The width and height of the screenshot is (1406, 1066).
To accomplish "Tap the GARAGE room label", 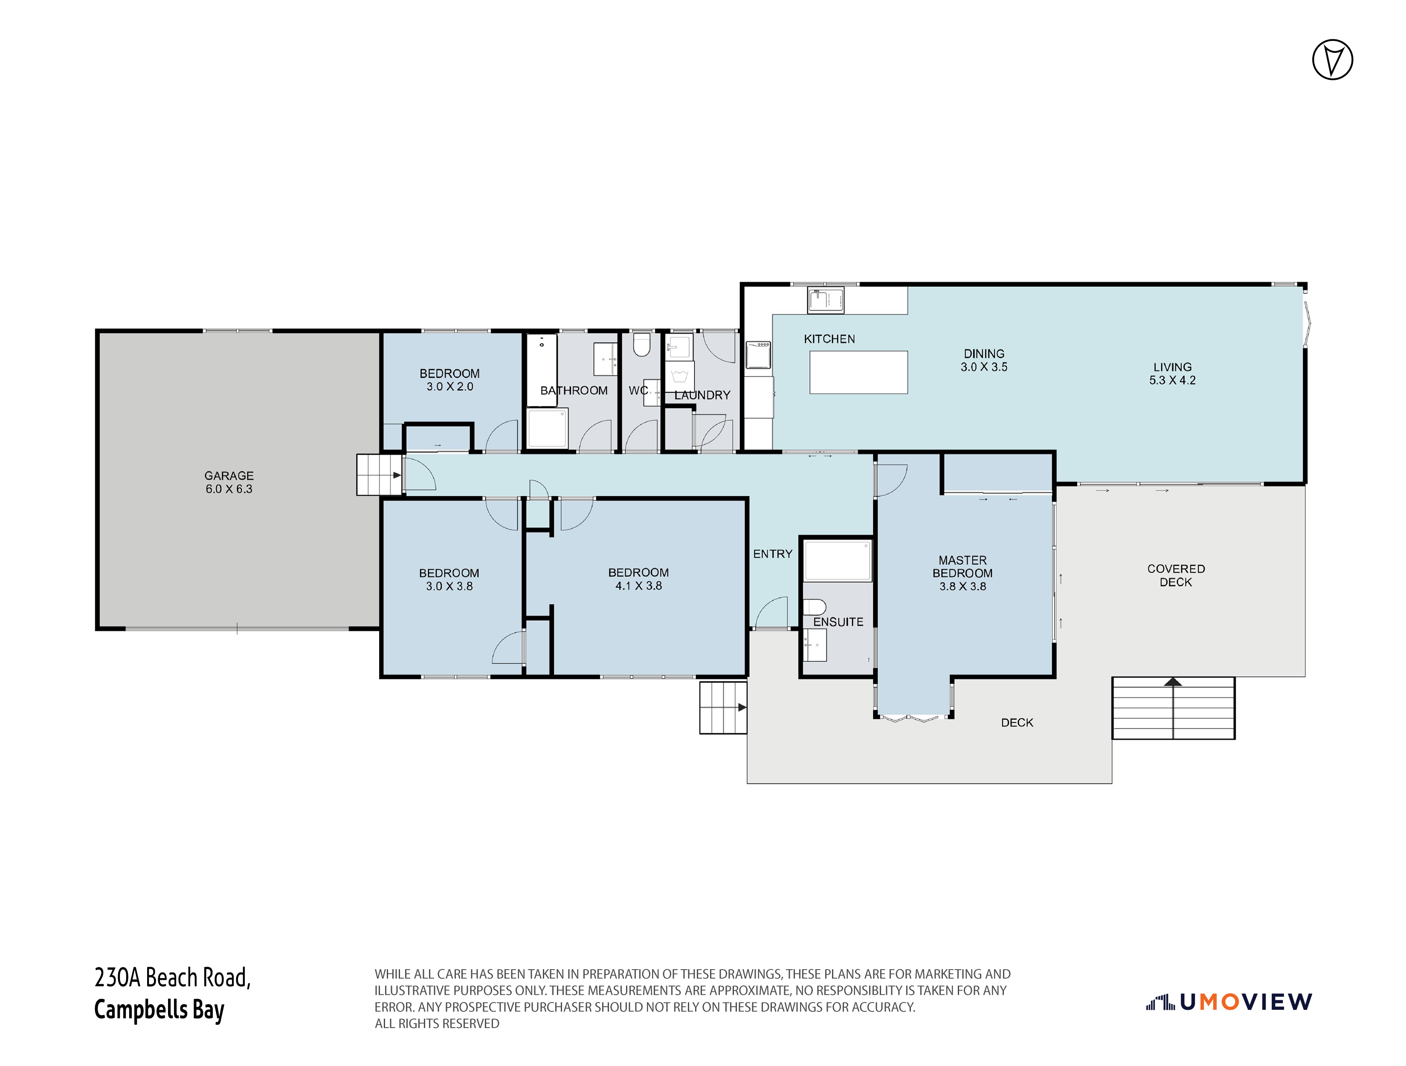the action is click(229, 475).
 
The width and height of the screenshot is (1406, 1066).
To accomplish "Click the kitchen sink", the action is click(826, 300).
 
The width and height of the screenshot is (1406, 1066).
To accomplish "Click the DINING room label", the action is click(984, 353).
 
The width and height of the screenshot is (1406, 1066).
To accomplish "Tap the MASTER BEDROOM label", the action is click(962, 566).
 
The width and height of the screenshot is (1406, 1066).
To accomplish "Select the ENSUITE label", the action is click(838, 622).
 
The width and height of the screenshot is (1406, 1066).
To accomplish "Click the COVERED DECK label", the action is click(1176, 575).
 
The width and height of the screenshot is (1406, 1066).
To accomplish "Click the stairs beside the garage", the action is click(380, 474).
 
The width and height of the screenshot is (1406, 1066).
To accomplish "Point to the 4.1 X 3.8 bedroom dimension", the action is click(638, 586).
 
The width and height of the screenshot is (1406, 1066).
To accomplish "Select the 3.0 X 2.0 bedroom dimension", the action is click(449, 386).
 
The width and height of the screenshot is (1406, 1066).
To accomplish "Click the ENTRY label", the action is click(772, 553).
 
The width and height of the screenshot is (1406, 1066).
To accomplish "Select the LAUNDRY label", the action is click(702, 395).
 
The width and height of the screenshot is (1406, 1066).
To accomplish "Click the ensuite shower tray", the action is click(838, 560).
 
